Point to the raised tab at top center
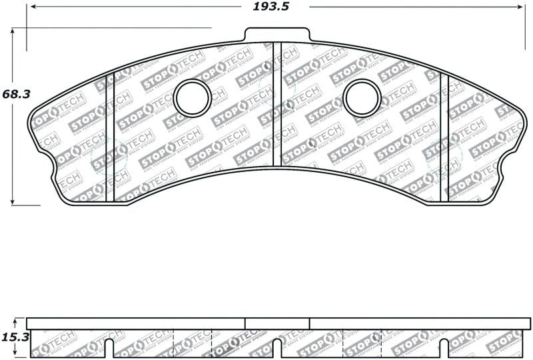coord(277,34)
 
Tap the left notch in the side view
coord(109,347)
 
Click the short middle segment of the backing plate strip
coord(277,323)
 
